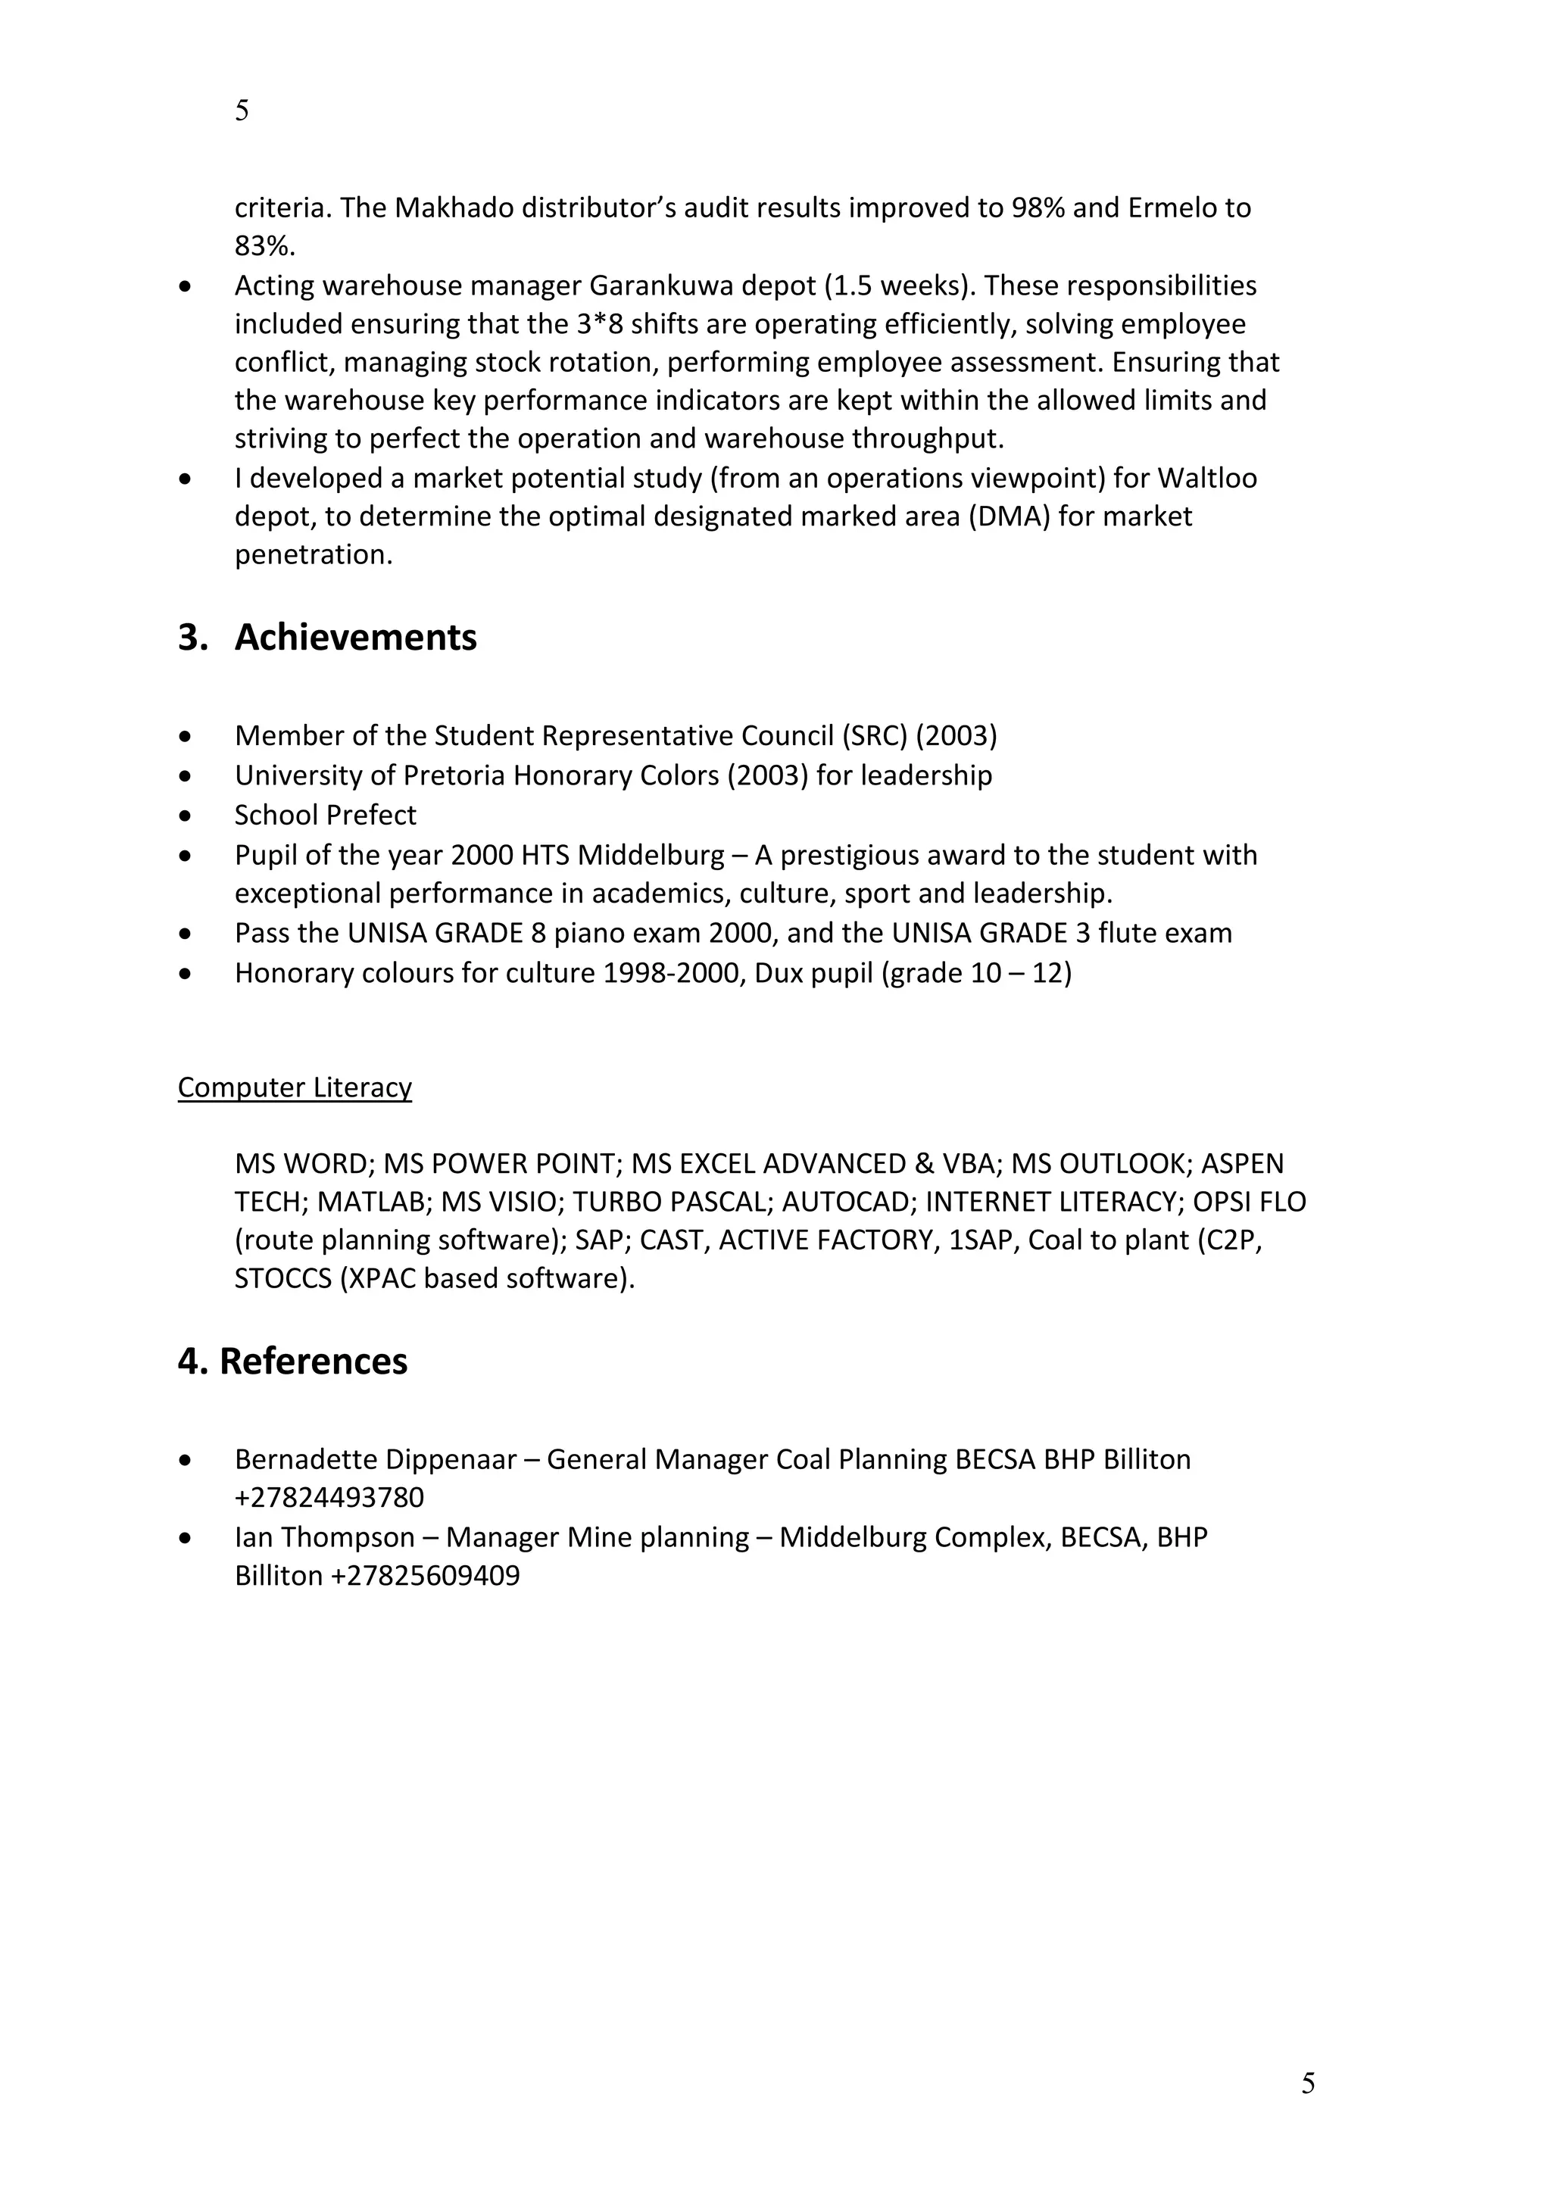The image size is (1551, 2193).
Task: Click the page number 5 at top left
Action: point(242,111)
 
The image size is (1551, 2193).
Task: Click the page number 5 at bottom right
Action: point(1307,2082)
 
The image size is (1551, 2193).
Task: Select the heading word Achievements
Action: point(355,637)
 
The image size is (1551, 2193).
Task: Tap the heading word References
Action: point(314,1361)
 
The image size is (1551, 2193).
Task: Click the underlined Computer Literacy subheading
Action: point(294,1087)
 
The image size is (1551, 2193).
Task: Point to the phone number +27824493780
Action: point(329,1496)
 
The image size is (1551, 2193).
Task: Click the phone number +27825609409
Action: point(425,1575)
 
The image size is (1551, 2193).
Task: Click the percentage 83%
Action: point(264,246)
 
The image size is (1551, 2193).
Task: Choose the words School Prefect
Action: point(325,815)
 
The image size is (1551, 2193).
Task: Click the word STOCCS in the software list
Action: point(282,1279)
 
